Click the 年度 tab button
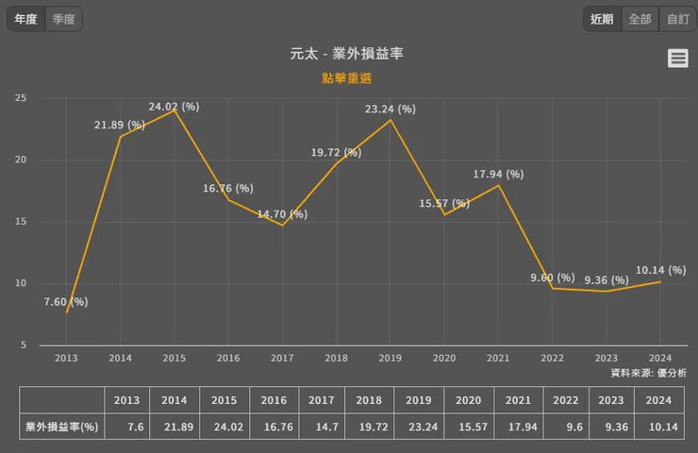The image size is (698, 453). pyautogui.click(x=25, y=19)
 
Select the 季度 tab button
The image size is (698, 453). pyautogui.click(x=64, y=19)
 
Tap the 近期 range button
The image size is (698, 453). pyautogui.click(x=602, y=19)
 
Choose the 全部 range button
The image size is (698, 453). pyautogui.click(x=640, y=19)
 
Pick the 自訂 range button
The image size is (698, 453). pyautogui.click(x=677, y=19)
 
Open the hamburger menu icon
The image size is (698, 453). pyautogui.click(x=677, y=59)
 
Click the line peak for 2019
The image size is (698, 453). pyautogui.click(x=391, y=120)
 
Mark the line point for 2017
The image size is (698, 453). pyautogui.click(x=282, y=225)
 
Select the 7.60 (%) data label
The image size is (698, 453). pyautogui.click(x=66, y=302)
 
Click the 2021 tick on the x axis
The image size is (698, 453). pyautogui.click(x=498, y=358)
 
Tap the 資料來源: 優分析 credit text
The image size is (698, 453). pyautogui.click(x=648, y=374)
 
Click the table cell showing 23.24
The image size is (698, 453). pyautogui.click(x=418, y=427)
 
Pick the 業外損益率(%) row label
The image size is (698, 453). pyautogui.click(x=62, y=427)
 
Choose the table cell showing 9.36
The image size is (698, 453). pyautogui.click(x=610, y=427)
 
